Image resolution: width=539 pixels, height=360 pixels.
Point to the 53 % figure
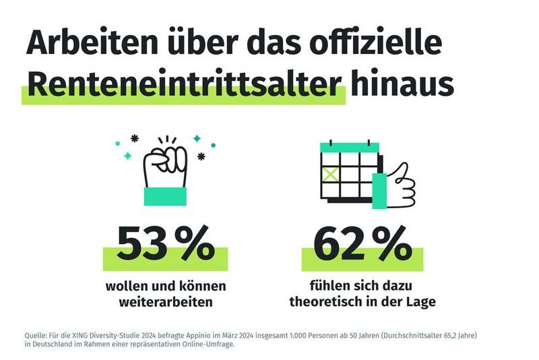tap(166, 243)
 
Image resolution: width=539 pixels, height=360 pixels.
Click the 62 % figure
tap(362, 243)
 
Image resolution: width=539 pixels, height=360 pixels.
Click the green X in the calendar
tap(330, 173)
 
